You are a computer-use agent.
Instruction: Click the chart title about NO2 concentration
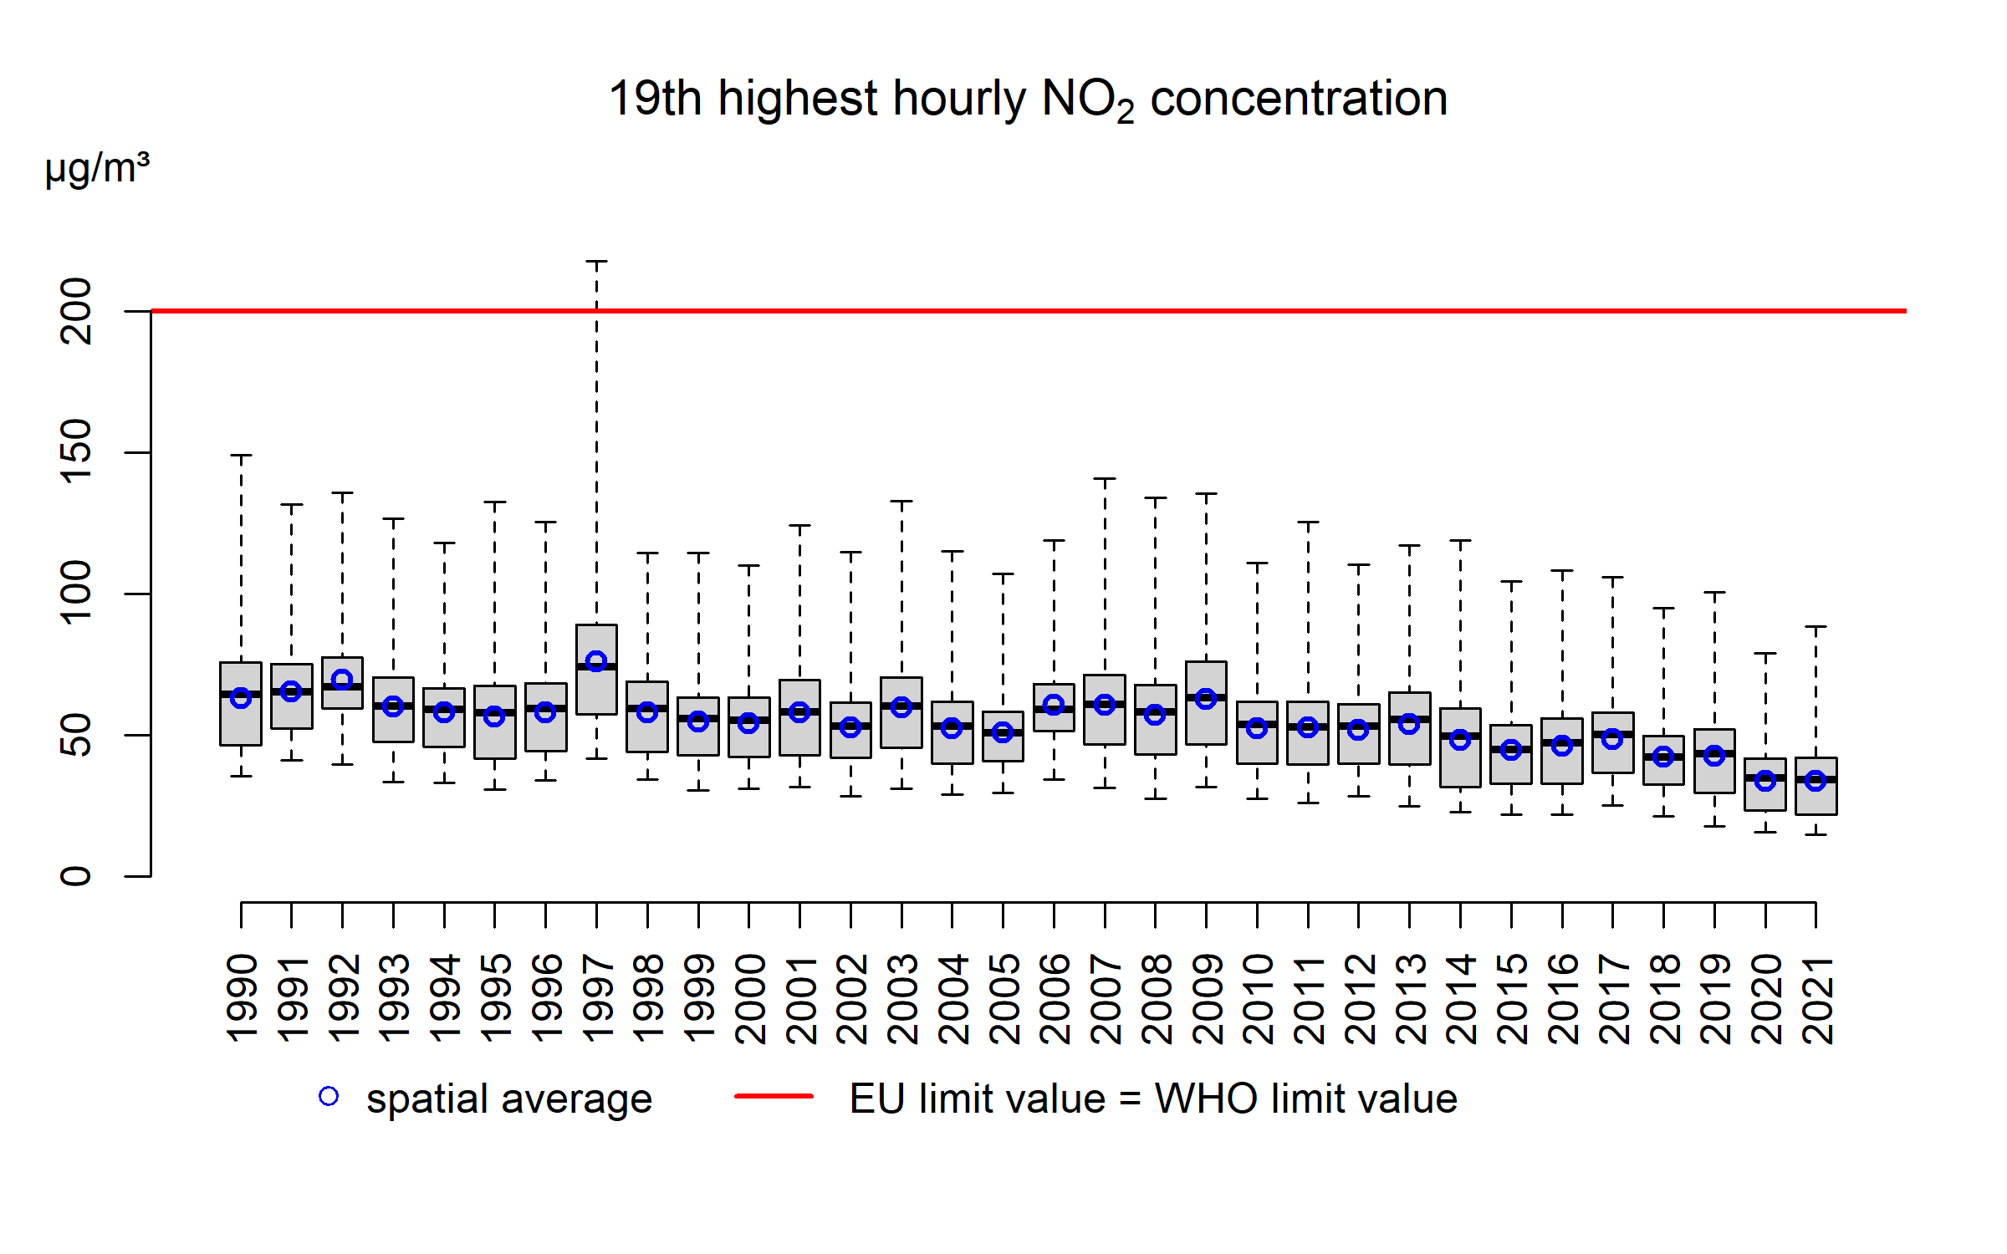tap(1028, 99)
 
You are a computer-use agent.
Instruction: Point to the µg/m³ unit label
tap(97, 169)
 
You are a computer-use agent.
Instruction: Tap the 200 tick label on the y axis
tap(76, 311)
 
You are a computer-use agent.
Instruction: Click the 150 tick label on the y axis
tap(76, 452)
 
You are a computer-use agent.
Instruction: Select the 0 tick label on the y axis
tap(76, 876)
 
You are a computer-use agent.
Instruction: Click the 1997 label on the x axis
tap(597, 999)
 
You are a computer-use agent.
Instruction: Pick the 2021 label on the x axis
tap(1816, 999)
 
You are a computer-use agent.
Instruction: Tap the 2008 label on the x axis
tap(1156, 999)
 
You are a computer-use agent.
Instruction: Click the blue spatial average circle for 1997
tap(596, 661)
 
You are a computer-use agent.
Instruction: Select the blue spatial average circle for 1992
tap(342, 680)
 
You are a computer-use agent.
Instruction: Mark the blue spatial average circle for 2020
tap(1765, 781)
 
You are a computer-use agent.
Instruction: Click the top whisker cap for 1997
tap(596, 262)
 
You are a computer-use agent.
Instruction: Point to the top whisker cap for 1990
tap(241, 456)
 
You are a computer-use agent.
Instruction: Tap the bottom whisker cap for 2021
tap(1815, 834)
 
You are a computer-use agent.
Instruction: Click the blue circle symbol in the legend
tap(329, 1096)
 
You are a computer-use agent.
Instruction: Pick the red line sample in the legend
tap(774, 1096)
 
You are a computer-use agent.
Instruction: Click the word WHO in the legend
tap(1206, 1099)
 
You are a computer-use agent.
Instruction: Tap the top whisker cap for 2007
tap(1105, 479)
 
